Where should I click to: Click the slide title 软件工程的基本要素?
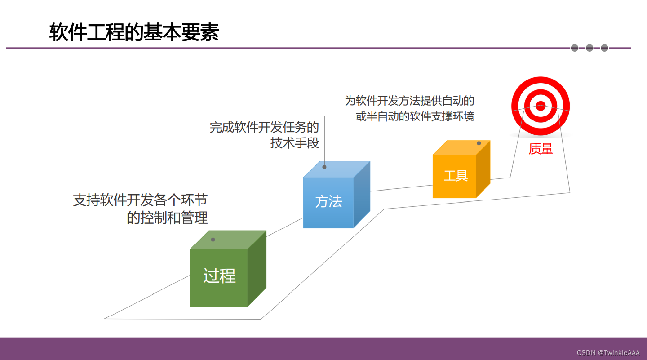134,32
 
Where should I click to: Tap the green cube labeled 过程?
228,269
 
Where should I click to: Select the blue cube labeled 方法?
337,195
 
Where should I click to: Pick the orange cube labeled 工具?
461,169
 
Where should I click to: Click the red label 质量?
541,149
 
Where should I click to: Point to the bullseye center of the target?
541,106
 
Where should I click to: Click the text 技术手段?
295,143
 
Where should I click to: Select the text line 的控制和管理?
167,218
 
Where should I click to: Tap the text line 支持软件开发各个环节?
140,200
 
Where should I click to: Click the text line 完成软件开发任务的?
264,127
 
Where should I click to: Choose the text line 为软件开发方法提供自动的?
410,101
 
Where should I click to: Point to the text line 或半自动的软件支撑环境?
415,116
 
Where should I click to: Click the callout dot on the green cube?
213,240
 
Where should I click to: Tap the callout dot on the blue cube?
324,167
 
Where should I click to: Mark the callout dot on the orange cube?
479,143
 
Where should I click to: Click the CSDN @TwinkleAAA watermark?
608,353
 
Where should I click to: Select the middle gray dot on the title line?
589,48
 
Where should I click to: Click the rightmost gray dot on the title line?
605,48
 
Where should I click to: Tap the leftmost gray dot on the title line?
575,48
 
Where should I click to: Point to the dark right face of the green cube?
257,269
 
